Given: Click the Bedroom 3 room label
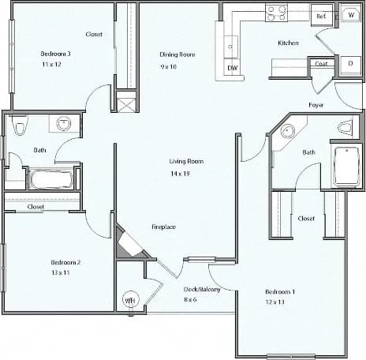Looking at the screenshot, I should coord(56,54).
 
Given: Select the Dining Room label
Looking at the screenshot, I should coord(177,54).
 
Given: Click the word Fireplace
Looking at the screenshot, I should coord(163,227).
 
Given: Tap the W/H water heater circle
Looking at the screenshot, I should coord(129,300).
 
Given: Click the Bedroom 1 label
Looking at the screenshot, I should coord(280,293).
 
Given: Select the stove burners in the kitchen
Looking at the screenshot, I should coord(276,13).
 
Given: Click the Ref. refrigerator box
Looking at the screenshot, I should coord(321,15).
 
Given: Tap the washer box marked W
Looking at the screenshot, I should coord(350,15).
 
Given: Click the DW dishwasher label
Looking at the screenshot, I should coord(233,68).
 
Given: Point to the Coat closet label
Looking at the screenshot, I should coord(321,64).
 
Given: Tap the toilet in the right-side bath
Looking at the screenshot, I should coord(345,127).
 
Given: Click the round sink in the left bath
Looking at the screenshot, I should coord(63,123).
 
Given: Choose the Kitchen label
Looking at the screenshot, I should coord(288,43).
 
